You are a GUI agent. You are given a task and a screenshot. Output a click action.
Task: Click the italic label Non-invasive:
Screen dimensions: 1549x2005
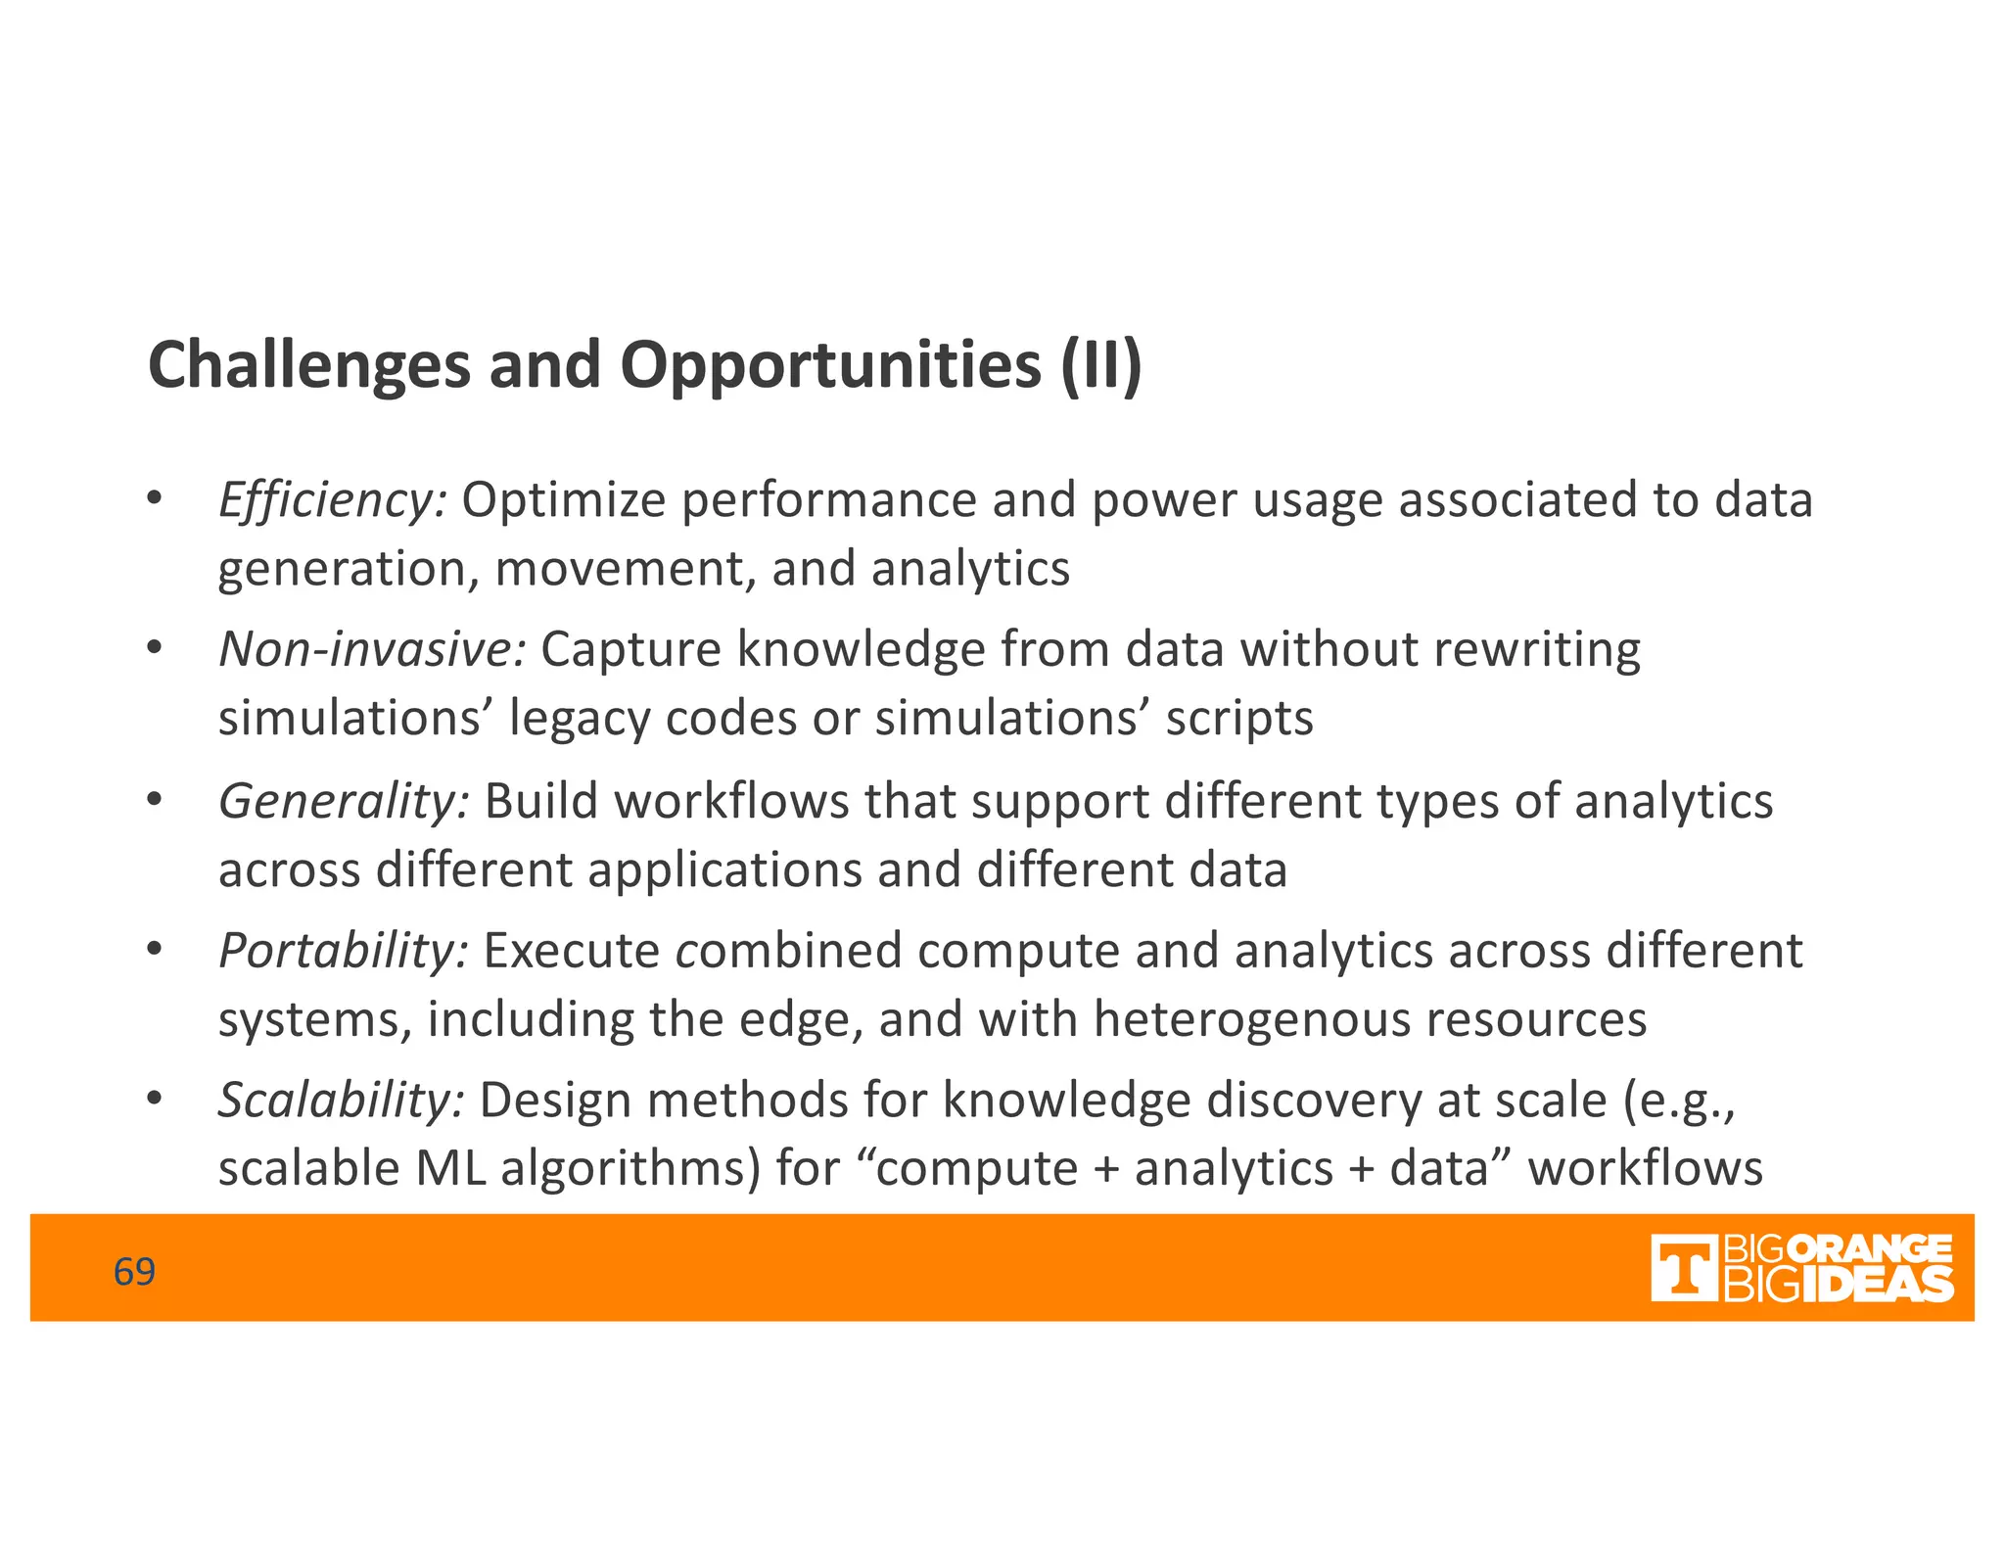click(372, 649)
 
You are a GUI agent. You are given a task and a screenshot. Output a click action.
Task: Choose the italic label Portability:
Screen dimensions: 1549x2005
click(344, 951)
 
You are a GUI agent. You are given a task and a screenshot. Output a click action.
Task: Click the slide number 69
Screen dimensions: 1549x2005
click(134, 1271)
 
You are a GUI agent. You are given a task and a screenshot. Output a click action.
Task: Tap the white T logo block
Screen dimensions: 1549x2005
click(1684, 1268)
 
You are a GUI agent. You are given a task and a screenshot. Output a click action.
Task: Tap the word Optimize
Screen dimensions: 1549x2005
click(564, 500)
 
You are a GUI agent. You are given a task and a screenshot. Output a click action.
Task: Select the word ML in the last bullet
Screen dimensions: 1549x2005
click(450, 1169)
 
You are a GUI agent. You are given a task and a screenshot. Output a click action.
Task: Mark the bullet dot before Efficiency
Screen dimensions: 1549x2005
click(153, 498)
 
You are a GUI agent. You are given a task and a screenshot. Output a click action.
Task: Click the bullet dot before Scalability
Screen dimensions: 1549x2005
click(153, 1099)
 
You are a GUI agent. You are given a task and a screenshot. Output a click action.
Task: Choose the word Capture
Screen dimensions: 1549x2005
click(630, 649)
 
